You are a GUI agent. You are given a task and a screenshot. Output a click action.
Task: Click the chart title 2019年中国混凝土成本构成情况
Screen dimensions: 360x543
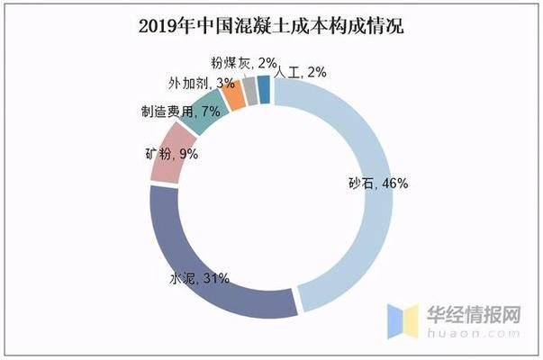(x=271, y=25)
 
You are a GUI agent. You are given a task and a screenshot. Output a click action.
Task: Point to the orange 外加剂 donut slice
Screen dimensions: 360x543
(x=233, y=94)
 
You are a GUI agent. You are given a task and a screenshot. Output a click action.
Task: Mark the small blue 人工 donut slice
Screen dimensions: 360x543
(x=263, y=88)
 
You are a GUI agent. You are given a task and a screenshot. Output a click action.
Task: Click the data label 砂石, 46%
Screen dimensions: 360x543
(x=378, y=183)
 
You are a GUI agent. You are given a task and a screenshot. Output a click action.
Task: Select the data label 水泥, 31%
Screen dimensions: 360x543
(x=199, y=278)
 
